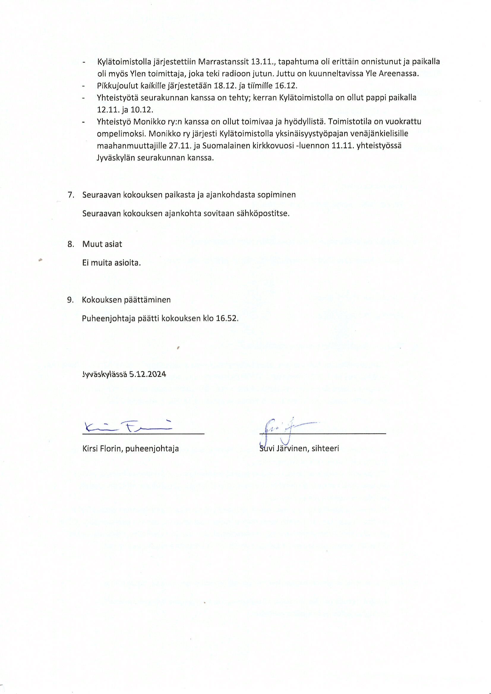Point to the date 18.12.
click(x=225, y=86)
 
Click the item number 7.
click(x=71, y=195)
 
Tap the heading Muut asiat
click(x=102, y=244)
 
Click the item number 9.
click(x=70, y=300)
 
